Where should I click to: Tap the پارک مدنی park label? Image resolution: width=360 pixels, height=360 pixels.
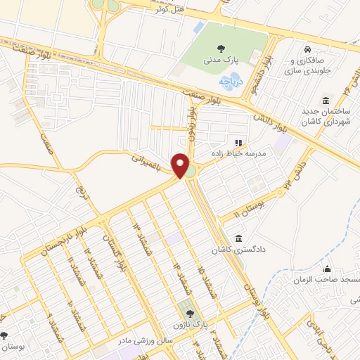[x=221, y=63]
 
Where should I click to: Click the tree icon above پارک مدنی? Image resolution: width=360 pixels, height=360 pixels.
[x=221, y=49]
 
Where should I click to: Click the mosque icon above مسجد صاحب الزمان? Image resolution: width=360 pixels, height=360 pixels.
[x=327, y=268]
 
